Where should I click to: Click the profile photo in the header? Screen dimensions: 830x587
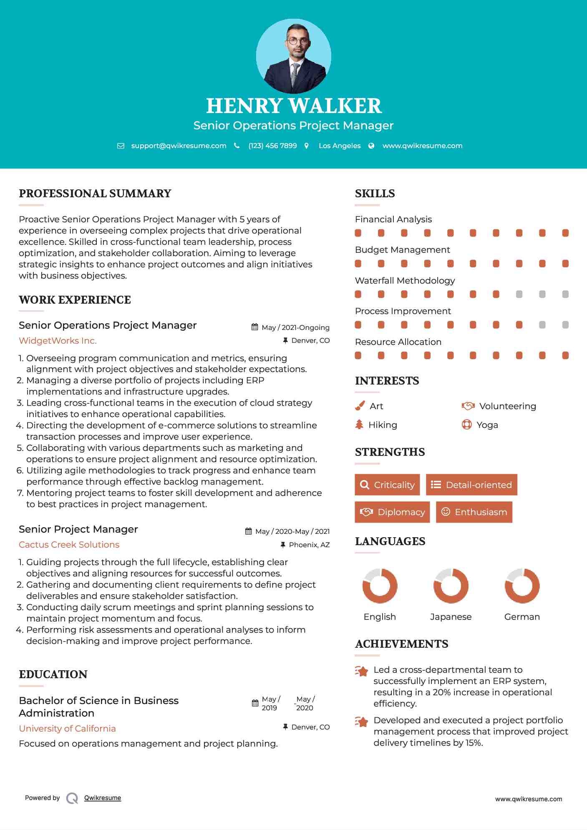293,56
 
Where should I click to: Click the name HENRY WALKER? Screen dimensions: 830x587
294,106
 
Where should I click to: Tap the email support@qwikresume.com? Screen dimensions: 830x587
179,146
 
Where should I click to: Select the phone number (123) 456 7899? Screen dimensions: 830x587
272,146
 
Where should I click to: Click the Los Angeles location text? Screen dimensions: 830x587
339,146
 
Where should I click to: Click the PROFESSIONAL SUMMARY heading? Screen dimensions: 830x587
95,194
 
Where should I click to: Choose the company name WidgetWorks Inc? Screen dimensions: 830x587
58,341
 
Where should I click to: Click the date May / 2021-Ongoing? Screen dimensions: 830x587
295,327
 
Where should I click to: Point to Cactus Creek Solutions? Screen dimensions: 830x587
69,545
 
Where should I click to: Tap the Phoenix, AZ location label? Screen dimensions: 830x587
309,545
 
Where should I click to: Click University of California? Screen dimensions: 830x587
67,729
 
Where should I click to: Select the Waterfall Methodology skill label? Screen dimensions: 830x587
405,281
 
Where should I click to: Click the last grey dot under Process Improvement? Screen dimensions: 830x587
565,325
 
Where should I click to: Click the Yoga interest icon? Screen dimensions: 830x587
467,425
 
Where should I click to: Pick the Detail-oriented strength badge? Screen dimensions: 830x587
471,485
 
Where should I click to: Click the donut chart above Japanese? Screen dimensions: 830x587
451,586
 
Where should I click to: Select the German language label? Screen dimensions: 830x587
522,617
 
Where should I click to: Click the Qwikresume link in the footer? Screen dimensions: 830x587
103,798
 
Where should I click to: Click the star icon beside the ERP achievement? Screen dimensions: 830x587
362,671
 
